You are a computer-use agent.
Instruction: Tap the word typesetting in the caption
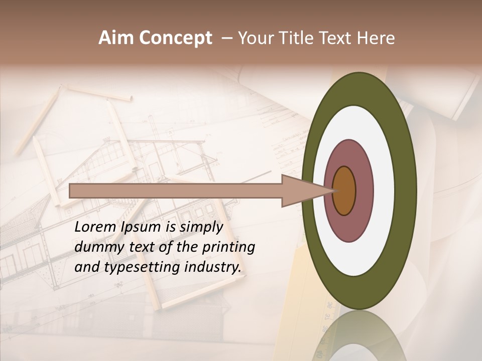142,267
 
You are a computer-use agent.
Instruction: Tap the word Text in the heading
337,38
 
